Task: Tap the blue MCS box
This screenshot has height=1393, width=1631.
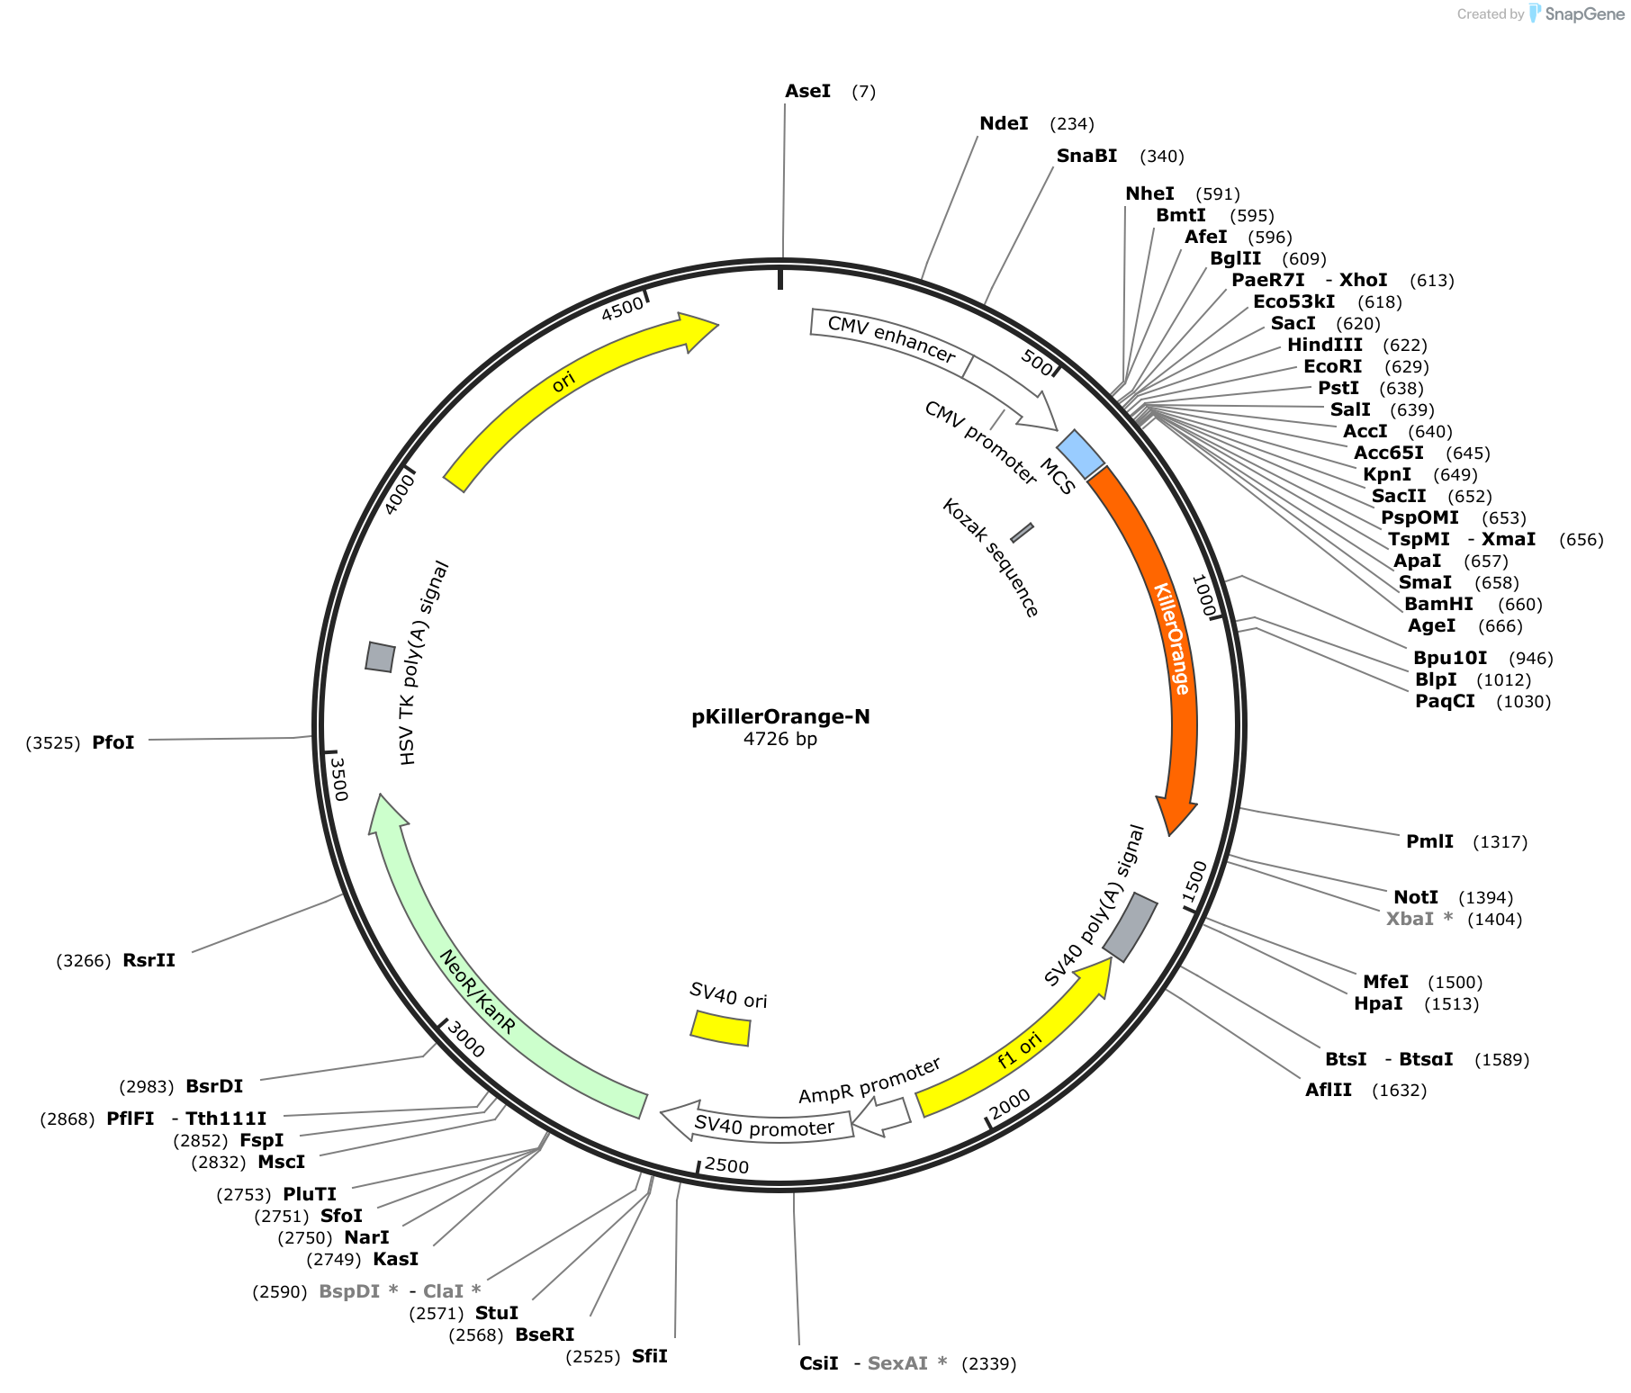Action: [x=1080, y=454]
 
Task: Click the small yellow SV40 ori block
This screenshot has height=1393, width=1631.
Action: [x=720, y=1028]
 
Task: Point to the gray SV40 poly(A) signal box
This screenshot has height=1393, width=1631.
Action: [x=1130, y=927]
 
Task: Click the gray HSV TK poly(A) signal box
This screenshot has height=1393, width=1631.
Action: [x=380, y=657]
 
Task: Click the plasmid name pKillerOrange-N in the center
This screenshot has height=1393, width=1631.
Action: [x=780, y=716]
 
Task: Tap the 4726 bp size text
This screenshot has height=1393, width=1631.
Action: [x=780, y=739]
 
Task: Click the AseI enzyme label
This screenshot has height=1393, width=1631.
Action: [x=807, y=91]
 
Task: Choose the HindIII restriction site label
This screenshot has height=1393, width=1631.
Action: [x=1324, y=345]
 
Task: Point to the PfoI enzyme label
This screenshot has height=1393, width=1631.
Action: [x=113, y=742]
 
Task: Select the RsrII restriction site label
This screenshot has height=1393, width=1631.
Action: [x=149, y=960]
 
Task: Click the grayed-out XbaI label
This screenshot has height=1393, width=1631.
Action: [x=1410, y=919]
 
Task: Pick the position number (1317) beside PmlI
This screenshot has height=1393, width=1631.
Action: [x=1500, y=841]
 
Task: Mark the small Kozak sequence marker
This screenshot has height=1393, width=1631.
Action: [x=1022, y=533]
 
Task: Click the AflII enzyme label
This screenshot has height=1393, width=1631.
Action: [x=1329, y=1090]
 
